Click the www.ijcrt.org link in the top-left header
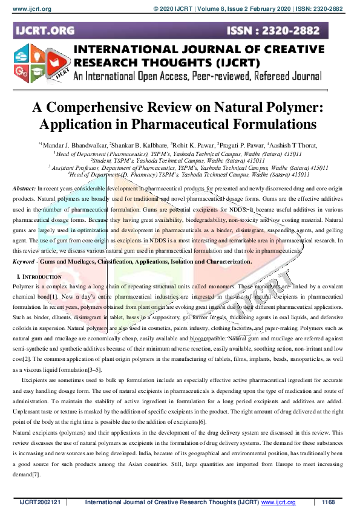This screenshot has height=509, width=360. tap(28, 9)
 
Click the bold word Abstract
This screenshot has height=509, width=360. tap(24, 189)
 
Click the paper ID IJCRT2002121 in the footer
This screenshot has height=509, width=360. tap(40, 502)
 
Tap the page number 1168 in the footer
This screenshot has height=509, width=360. tap(329, 502)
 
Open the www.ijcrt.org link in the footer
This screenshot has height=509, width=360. tap(278, 502)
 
